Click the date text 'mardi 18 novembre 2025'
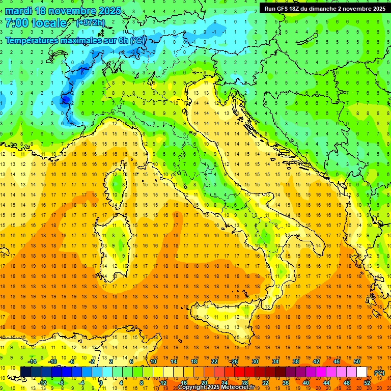63,11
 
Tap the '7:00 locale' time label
36,23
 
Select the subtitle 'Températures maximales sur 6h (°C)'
74,40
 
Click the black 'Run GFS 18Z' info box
325,8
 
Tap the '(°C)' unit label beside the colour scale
379,373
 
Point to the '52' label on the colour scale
367,383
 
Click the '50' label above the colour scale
356,361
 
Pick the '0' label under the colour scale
100,383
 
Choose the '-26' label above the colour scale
234,361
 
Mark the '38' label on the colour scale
295,361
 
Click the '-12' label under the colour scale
42,383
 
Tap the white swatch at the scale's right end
361,372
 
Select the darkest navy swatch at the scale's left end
25,372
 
